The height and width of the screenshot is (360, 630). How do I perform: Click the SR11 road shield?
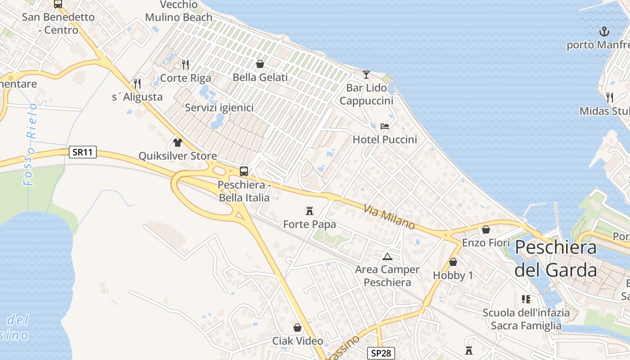(83, 152)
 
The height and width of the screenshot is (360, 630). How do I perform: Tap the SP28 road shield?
(381, 353)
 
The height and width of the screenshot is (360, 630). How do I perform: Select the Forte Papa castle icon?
(310, 211)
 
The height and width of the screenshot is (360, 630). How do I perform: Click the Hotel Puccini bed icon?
(384, 126)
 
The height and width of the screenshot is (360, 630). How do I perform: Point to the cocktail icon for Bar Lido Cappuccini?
(366, 74)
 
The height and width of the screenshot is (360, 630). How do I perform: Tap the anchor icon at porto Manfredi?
(604, 31)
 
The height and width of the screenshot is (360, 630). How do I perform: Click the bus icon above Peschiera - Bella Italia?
(243, 171)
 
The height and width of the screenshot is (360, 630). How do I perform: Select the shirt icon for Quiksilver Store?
(178, 143)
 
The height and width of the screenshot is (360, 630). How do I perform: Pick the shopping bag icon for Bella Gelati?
(260, 64)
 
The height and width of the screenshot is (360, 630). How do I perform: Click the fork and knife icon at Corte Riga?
(185, 65)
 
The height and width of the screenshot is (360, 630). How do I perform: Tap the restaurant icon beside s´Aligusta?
(137, 83)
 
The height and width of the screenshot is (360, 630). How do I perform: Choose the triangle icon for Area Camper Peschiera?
(387, 256)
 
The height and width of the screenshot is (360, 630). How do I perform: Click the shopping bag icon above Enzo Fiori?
(486, 229)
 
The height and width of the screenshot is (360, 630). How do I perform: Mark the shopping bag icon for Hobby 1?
(453, 262)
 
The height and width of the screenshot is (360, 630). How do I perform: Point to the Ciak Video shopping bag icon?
(297, 328)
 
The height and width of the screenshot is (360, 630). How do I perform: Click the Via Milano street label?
(389, 216)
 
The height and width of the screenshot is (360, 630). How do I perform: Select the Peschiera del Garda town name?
(556, 259)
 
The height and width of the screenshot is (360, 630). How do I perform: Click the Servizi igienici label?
(219, 108)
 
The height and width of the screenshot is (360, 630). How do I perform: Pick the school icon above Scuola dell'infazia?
(526, 299)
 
